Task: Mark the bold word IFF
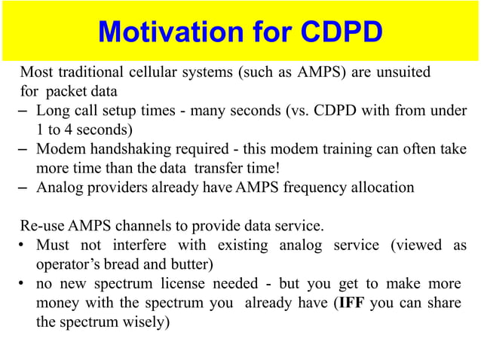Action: pos(351,304)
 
